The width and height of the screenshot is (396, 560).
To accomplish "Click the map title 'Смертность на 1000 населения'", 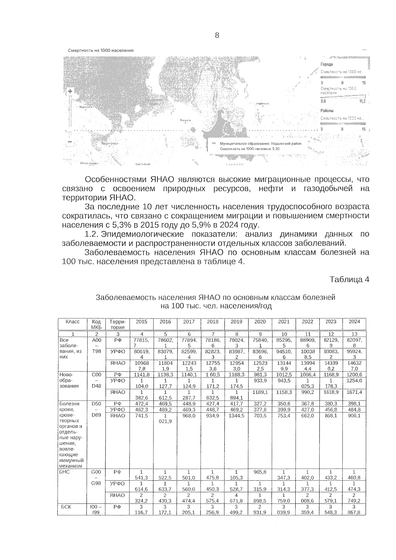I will point(101,50).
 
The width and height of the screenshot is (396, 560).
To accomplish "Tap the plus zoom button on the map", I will point(70,91).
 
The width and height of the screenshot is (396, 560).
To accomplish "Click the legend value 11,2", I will point(362,101).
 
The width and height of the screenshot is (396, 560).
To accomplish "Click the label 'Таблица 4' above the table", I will point(349,279).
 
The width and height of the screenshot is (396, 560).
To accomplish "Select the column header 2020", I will point(260,322).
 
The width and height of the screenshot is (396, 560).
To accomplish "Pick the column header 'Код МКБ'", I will point(96,324).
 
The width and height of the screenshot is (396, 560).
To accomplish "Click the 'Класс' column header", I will point(72,322).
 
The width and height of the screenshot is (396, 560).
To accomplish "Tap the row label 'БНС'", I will point(64,472).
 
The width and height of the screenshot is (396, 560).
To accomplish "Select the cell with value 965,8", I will point(260,472).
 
